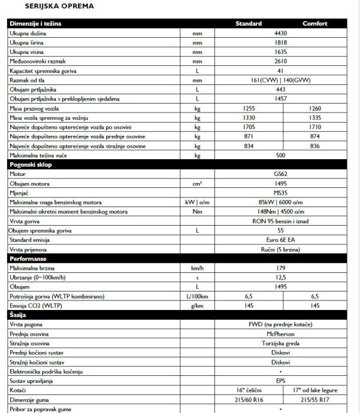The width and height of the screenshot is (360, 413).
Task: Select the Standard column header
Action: click(x=249, y=24)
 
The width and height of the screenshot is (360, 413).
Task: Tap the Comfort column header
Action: click(x=315, y=24)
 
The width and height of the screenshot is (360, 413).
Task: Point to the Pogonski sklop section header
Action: click(x=33, y=164)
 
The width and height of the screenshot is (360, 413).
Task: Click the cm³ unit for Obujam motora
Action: click(x=197, y=183)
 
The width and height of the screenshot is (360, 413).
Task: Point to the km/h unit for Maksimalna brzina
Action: click(x=197, y=268)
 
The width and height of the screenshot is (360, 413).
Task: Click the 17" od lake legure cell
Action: click(x=315, y=390)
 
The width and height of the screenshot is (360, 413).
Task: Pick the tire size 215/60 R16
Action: click(x=249, y=399)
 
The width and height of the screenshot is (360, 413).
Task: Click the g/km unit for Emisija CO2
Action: click(x=197, y=305)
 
